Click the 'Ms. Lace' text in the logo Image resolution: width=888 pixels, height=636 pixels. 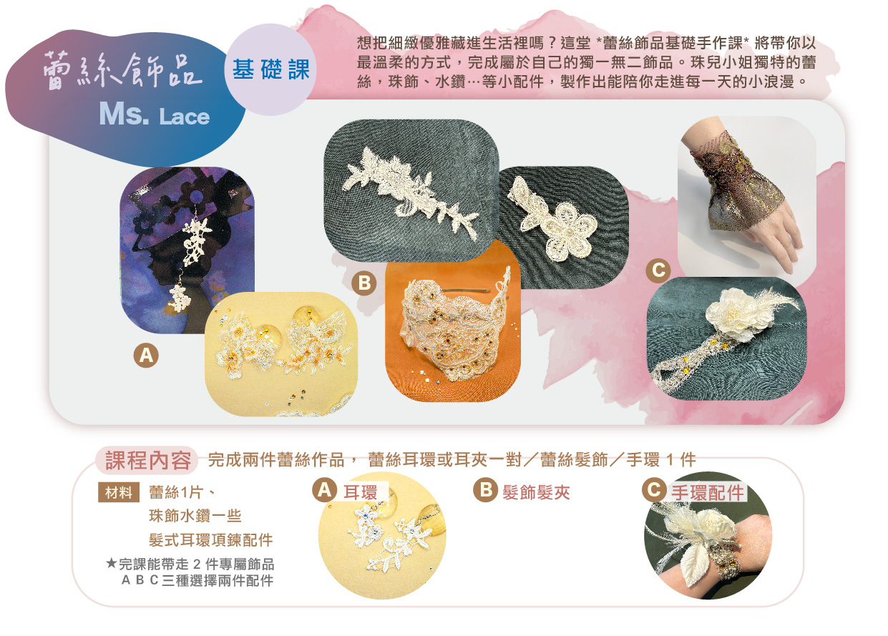click(155, 114)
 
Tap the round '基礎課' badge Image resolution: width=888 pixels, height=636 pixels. click(270, 69)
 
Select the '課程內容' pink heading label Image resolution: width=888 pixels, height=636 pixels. click(147, 461)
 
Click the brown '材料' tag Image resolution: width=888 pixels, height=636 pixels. click(119, 492)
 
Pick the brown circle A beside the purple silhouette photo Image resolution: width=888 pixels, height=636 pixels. click(146, 355)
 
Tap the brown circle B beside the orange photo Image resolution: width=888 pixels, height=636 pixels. click(364, 283)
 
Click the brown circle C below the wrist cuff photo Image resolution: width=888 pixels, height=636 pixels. click(658, 270)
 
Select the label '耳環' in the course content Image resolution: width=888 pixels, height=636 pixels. click(360, 492)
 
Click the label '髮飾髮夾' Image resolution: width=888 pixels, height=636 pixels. click(536, 492)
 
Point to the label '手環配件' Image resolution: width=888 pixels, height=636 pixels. click(708, 492)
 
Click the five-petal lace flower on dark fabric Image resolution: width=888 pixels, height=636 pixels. click(567, 231)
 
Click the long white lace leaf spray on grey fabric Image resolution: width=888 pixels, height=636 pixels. click(411, 192)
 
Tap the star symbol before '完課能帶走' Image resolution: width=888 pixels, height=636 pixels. click(112, 563)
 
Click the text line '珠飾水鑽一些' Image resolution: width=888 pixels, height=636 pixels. click(195, 516)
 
